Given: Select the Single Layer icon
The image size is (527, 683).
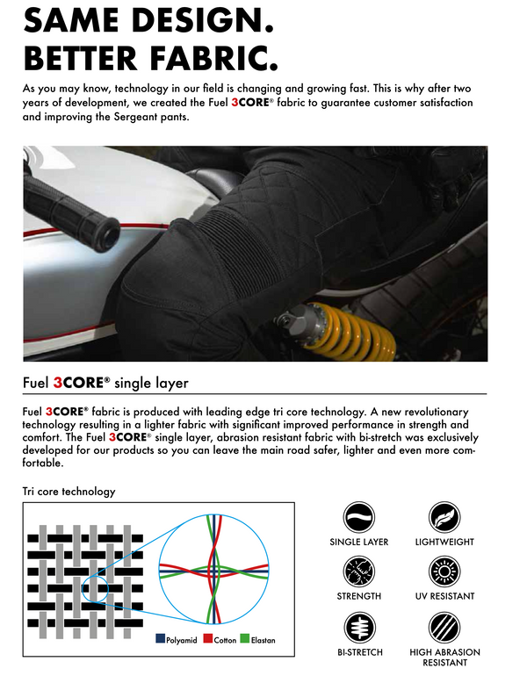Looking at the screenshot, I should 358,518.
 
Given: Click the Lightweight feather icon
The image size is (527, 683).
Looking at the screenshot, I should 444,518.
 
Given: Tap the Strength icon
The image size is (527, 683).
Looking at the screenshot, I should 358,572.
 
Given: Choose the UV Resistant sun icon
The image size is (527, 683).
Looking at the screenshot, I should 444,572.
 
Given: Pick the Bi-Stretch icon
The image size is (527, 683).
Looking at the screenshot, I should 358,629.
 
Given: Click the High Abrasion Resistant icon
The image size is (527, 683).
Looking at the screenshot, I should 444,629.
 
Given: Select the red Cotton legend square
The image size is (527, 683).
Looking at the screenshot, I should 207,639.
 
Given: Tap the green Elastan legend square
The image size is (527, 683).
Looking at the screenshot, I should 245,639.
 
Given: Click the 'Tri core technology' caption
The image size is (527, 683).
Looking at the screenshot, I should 69,492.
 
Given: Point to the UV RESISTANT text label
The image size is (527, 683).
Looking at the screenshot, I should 444,597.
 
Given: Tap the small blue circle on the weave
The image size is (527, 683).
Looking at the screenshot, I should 95,590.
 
